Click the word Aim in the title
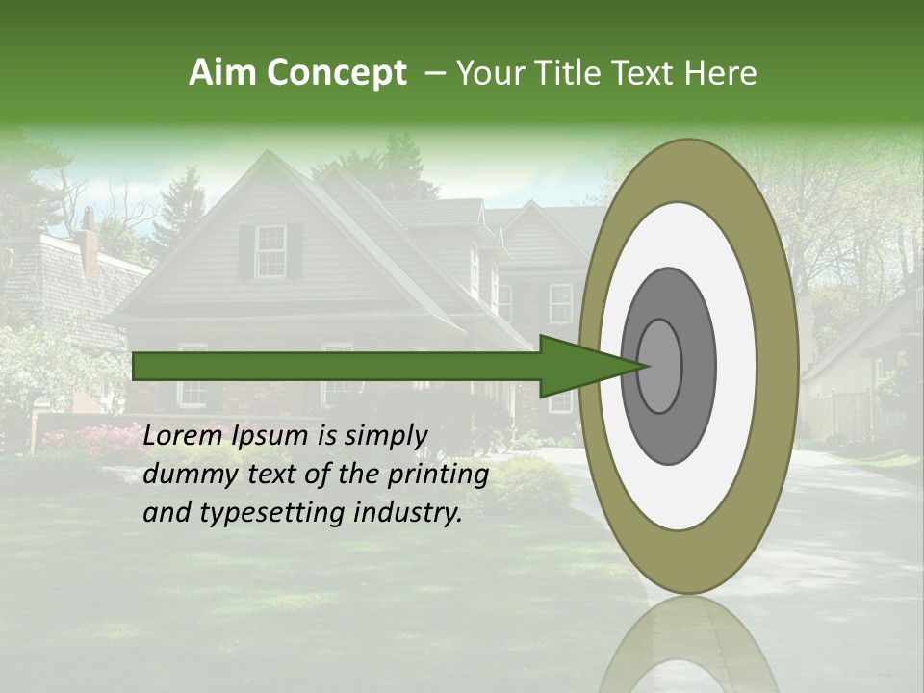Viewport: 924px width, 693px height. (223, 73)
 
